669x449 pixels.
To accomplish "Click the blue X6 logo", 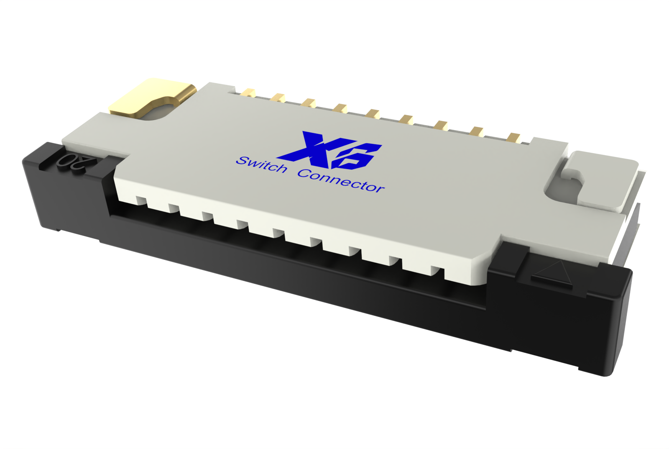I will tap(330, 150).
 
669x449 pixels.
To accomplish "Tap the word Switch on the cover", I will tap(262, 164).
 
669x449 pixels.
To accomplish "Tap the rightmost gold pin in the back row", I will tap(513, 137).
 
